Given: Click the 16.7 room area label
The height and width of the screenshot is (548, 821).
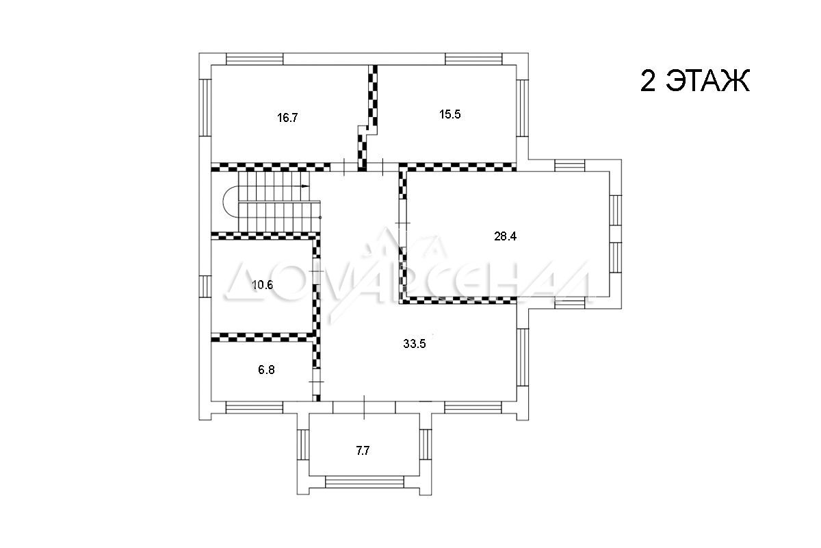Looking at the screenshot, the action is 287,118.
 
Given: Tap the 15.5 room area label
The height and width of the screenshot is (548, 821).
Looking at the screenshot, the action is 449,114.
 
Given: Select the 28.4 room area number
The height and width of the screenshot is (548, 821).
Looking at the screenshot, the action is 505,236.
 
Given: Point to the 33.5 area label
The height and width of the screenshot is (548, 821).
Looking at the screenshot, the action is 414,344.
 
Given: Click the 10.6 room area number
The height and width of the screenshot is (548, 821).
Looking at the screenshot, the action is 263,285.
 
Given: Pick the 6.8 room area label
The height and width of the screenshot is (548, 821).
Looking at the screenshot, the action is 266,370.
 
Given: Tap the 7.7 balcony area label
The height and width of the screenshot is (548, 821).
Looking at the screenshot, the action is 363,451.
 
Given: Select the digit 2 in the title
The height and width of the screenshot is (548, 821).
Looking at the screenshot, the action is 647,81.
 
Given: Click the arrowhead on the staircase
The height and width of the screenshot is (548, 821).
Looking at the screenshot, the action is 305,186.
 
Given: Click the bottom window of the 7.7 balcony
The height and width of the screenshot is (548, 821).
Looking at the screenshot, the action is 364,482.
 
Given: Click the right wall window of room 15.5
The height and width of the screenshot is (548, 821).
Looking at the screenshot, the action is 522,108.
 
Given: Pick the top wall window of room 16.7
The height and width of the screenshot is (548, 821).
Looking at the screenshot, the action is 255,59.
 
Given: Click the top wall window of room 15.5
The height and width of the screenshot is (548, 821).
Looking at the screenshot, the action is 473,59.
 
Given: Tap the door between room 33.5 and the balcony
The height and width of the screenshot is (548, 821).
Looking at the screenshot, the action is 364,407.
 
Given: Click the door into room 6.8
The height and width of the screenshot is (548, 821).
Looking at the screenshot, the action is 316,382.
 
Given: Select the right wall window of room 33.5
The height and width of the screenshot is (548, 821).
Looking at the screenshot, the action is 522,357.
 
